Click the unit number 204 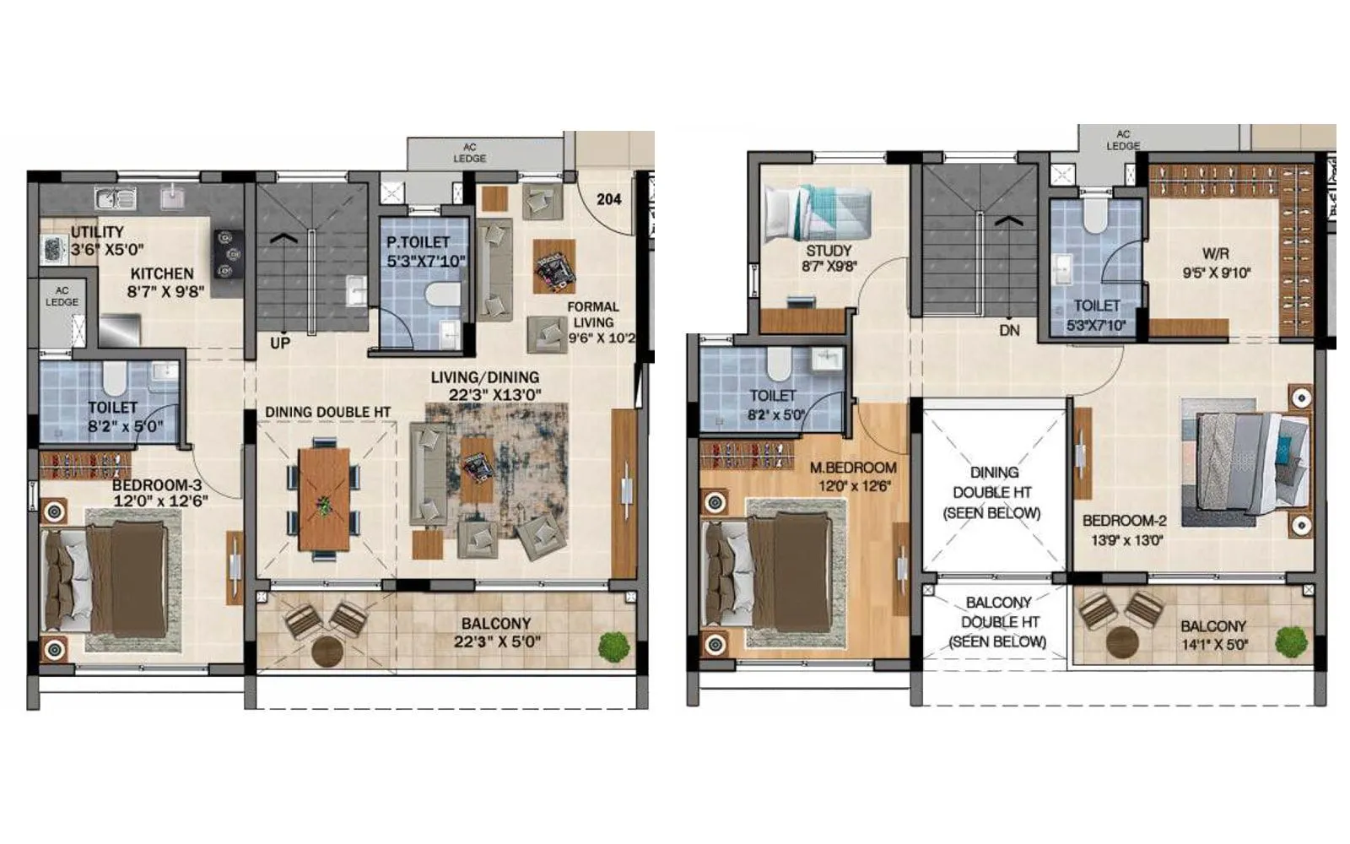(x=608, y=199)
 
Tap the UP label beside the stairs (x=280, y=344)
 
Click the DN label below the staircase (x=1009, y=330)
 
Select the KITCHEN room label (x=162, y=273)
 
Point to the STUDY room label (x=829, y=250)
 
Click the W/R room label (x=1216, y=252)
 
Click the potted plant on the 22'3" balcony (x=614, y=646)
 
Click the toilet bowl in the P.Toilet (x=440, y=296)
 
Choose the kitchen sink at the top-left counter (x=116, y=199)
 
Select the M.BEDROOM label (x=853, y=468)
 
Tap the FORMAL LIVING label (x=592, y=315)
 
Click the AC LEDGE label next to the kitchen (x=62, y=296)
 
